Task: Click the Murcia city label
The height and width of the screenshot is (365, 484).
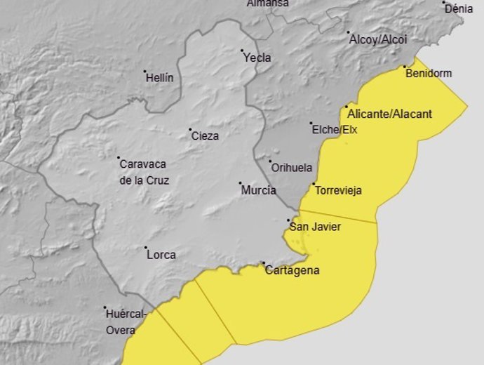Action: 258,190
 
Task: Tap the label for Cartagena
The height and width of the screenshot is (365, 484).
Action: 293,271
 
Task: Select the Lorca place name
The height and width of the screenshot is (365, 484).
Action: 161,255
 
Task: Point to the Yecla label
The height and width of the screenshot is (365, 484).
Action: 257,58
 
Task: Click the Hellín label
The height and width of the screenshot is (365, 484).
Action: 159,78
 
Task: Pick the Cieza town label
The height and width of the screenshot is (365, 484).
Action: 205,136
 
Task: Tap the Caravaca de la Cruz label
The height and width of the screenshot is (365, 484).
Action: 143,172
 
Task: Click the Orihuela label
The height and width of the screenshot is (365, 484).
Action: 292,168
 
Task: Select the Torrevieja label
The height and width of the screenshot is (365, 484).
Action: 338,190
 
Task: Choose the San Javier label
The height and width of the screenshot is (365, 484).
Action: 315,226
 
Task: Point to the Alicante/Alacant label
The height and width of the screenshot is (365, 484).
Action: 389,114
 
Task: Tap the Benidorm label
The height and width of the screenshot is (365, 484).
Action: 429,73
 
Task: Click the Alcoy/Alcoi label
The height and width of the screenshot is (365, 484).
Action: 378,39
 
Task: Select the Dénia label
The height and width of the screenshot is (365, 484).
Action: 459,9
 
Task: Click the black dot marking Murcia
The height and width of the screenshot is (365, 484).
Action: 240,184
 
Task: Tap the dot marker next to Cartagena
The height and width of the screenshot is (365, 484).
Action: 264,264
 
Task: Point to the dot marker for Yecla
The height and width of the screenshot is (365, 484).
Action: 242,51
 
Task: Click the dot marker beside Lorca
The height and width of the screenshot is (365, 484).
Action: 146,248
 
